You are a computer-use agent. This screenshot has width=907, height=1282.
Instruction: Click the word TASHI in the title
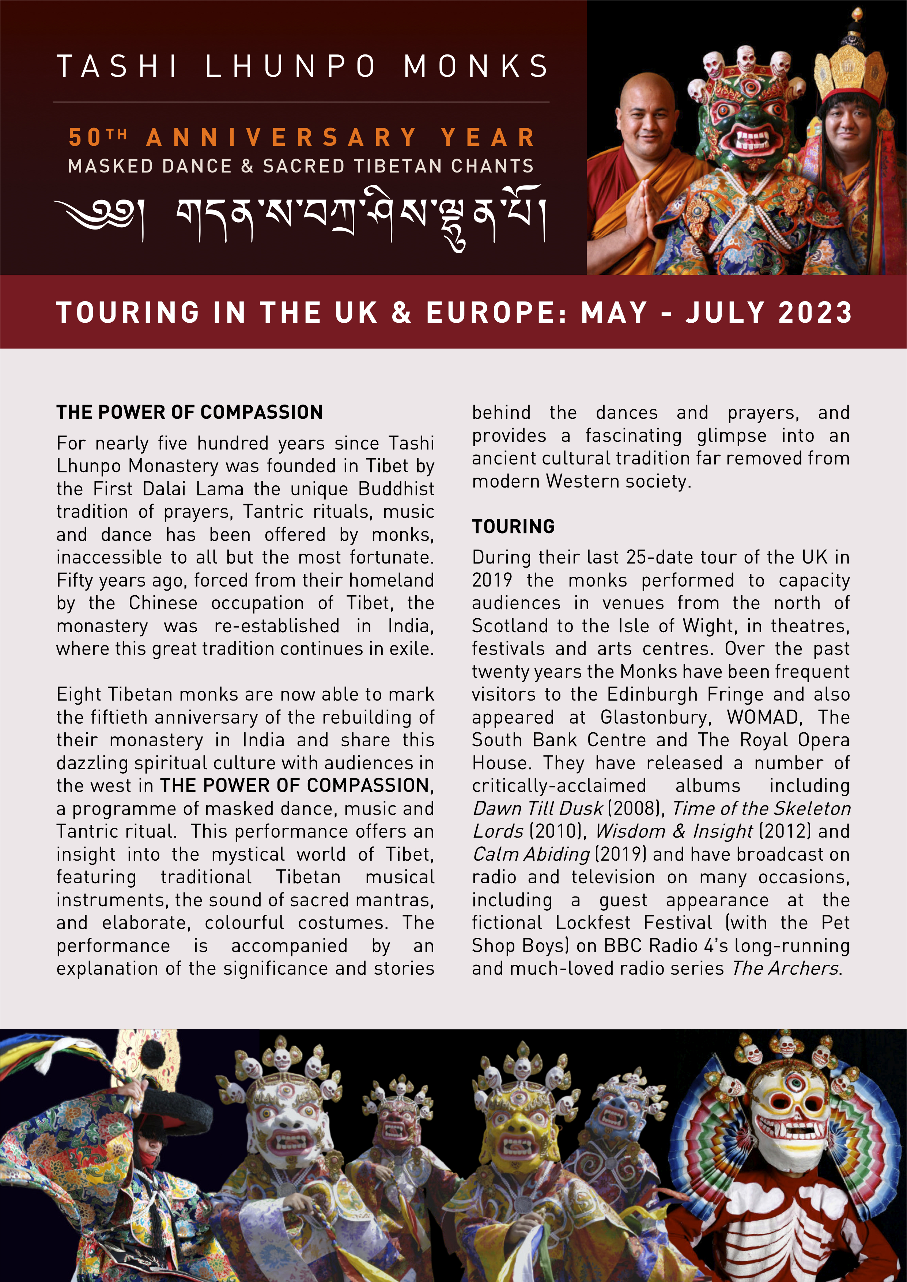pos(117,67)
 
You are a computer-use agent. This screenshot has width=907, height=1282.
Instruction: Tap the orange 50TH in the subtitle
pos(98,137)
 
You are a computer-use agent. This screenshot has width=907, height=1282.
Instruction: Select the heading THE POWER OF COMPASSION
pos(189,412)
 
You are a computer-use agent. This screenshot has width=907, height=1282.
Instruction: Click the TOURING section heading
pos(513,526)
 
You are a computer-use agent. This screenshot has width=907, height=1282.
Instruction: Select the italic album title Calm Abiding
pos(531,854)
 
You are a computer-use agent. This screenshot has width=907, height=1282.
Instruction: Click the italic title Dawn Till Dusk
pos(537,808)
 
